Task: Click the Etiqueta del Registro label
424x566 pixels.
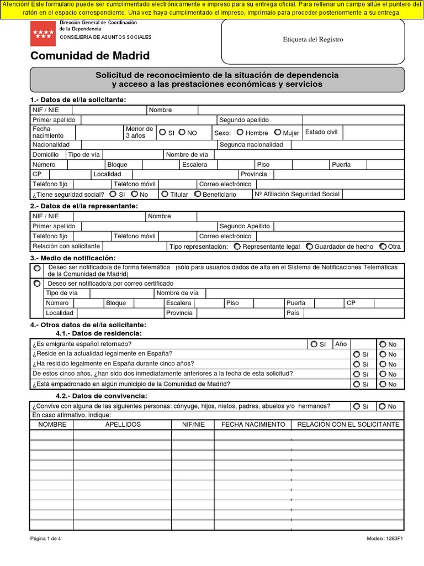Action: click(312, 39)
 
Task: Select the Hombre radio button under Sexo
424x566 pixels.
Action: click(240, 133)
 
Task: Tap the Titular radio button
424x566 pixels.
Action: click(165, 194)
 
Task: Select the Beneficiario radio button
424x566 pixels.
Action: click(198, 194)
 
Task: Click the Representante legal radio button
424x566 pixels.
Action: click(237, 247)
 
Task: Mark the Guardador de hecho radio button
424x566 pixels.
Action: click(309, 247)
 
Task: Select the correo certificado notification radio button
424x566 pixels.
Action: click(37, 283)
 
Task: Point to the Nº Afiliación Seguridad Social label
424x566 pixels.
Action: click(298, 194)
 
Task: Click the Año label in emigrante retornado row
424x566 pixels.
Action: click(341, 344)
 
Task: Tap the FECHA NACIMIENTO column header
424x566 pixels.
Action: click(253, 424)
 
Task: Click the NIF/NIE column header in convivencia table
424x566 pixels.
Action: click(193, 424)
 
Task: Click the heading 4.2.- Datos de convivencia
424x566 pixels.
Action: click(102, 396)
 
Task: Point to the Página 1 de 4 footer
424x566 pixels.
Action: click(45, 539)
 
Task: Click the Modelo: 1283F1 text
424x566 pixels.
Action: click(385, 539)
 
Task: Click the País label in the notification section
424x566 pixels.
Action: click(293, 313)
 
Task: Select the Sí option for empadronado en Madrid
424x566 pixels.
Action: click(357, 384)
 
